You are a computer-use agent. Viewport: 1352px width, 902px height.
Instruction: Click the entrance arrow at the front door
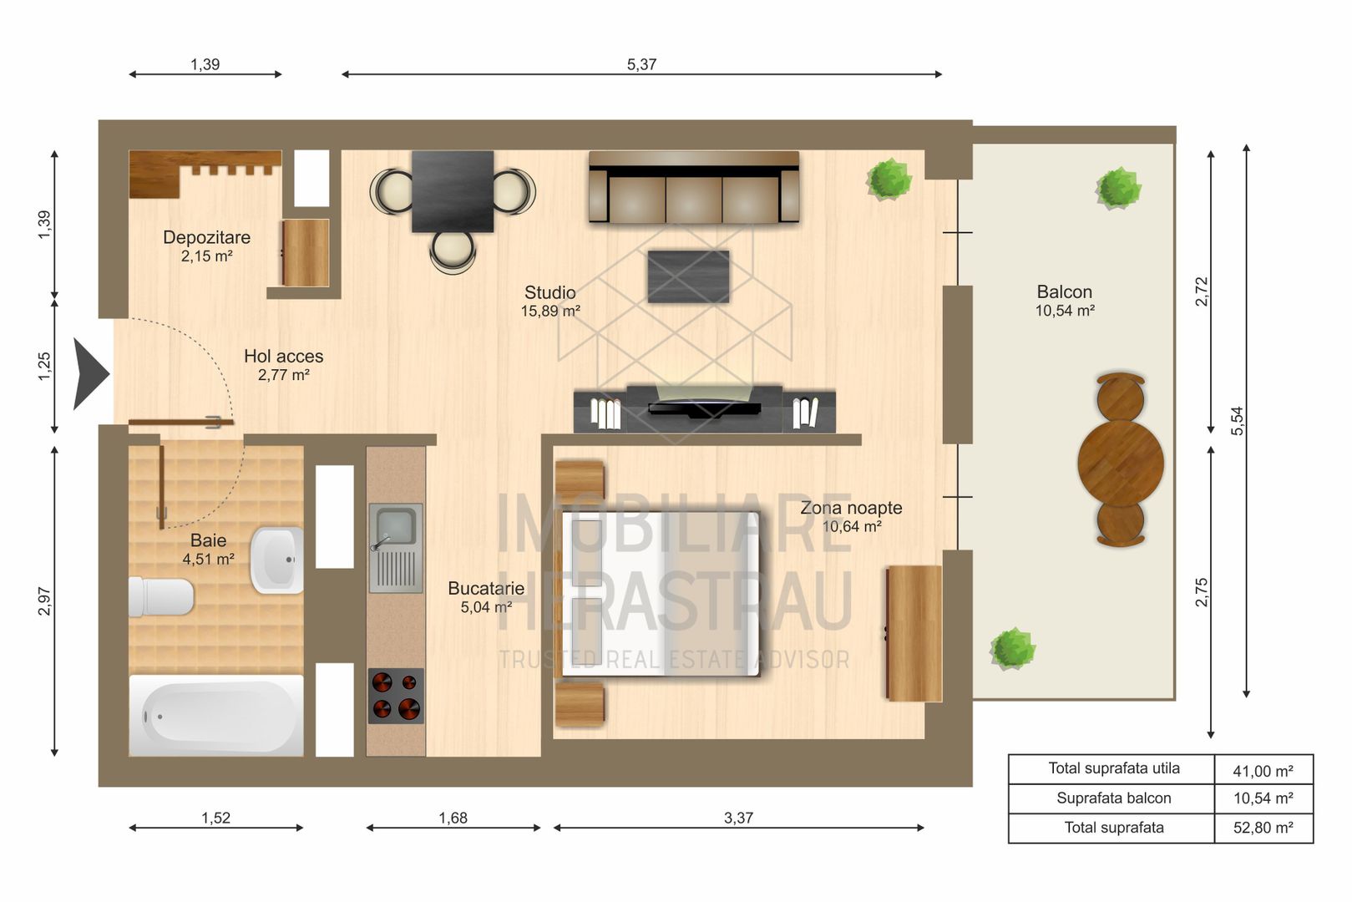[x=90, y=374]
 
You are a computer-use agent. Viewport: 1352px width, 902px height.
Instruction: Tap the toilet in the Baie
[x=160, y=596]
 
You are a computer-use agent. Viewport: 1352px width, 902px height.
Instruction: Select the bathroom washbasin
[x=276, y=560]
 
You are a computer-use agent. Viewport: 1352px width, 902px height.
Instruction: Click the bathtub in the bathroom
[x=215, y=716]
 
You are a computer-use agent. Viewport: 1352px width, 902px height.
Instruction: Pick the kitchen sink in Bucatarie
[x=395, y=547]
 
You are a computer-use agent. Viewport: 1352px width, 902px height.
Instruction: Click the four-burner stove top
[x=395, y=696]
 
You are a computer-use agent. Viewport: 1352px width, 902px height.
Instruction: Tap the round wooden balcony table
[x=1120, y=463]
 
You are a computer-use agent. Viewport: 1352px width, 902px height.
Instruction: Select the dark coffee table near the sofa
[x=688, y=276]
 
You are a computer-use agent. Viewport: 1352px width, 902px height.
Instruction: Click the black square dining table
[x=452, y=191]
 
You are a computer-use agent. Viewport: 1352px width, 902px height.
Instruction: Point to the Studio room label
[x=549, y=293]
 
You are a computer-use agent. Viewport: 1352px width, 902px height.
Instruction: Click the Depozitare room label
[x=206, y=237]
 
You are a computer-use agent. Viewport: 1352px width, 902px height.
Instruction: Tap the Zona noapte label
[x=850, y=508]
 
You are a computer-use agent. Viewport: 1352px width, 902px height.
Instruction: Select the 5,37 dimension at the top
[x=641, y=64]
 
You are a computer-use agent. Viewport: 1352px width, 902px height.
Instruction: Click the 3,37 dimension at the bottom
[x=738, y=818]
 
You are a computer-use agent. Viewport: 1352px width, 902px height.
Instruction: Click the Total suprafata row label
[x=1113, y=828]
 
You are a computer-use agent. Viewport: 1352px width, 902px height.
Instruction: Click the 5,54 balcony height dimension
[x=1237, y=420]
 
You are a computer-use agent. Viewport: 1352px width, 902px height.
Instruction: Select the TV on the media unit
[x=704, y=408]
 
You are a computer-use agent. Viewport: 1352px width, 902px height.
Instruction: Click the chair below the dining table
[x=452, y=251]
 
